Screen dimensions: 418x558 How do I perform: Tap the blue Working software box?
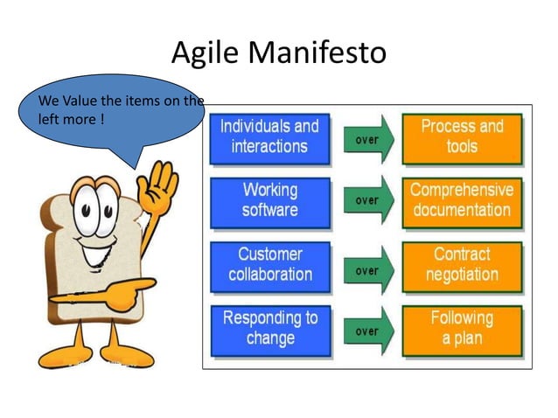pyautogui.click(x=269, y=200)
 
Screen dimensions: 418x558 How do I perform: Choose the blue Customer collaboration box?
pyautogui.click(x=269, y=265)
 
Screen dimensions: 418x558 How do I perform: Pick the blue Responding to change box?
pyautogui.click(x=269, y=329)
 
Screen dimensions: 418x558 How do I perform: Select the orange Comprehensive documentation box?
pyautogui.click(x=462, y=200)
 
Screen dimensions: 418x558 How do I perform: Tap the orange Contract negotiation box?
pyautogui.click(x=462, y=265)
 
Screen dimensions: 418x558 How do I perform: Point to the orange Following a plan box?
pyautogui.click(x=462, y=329)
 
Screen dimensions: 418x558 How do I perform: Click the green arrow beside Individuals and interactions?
pyautogui.click(x=368, y=139)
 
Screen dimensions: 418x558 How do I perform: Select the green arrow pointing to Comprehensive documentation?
pyautogui.click(x=368, y=200)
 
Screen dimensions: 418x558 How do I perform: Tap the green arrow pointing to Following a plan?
pyautogui.click(x=368, y=331)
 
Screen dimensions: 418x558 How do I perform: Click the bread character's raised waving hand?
pyautogui.click(x=163, y=187)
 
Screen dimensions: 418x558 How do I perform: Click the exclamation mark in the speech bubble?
pyautogui.click(x=102, y=118)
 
